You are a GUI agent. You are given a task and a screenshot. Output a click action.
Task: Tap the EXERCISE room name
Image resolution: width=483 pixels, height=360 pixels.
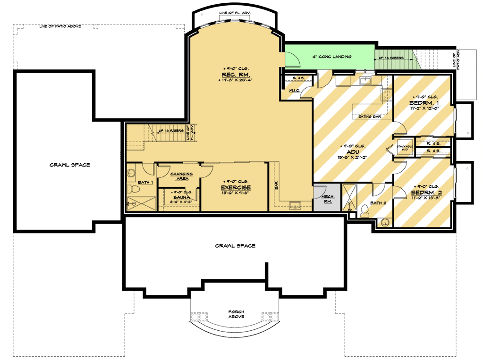click(x=238, y=188)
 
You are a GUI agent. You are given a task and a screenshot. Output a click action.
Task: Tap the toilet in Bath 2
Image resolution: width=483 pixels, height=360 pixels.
click(x=364, y=209)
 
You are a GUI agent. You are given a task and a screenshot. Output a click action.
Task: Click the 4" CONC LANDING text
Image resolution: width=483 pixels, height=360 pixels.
click(x=332, y=57)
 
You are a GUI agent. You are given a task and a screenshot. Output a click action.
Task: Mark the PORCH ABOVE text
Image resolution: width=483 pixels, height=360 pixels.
click(x=235, y=314)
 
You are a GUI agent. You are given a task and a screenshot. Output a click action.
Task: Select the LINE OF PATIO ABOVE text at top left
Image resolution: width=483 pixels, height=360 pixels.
click(x=61, y=26)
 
